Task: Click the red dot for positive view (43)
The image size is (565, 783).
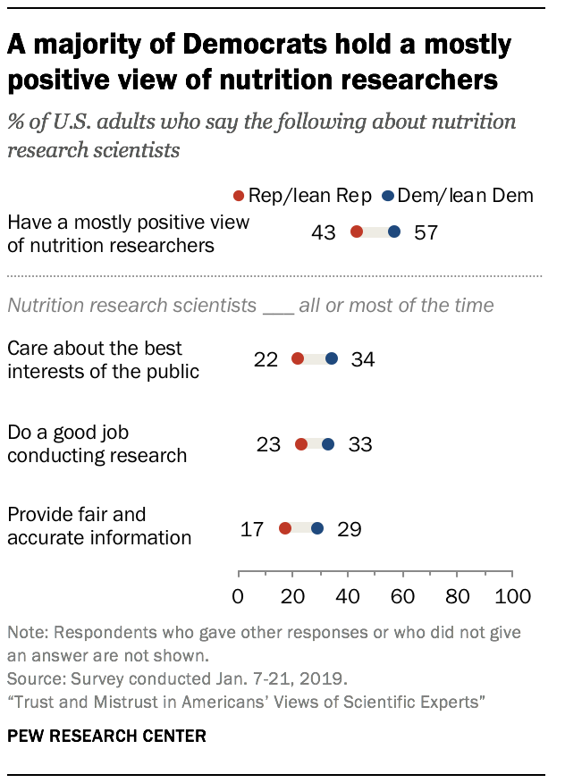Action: point(357,232)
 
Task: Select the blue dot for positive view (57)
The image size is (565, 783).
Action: point(394,232)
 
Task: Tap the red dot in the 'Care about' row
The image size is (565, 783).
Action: point(298,358)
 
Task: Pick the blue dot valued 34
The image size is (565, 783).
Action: point(332,358)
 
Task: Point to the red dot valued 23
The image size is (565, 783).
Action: point(301,444)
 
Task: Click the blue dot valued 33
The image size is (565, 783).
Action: point(328,444)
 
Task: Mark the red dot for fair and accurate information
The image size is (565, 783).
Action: point(285,528)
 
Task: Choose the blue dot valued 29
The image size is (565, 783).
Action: point(317,528)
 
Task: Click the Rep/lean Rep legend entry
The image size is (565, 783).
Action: point(301,196)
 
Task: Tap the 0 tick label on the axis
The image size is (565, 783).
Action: point(238,596)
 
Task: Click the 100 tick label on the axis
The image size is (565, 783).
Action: point(513,596)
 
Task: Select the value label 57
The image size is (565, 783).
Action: point(426,233)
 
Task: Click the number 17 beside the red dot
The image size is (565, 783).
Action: point(252,529)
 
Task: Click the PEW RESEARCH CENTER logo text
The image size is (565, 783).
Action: point(106,737)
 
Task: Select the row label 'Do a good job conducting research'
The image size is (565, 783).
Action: point(97,444)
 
